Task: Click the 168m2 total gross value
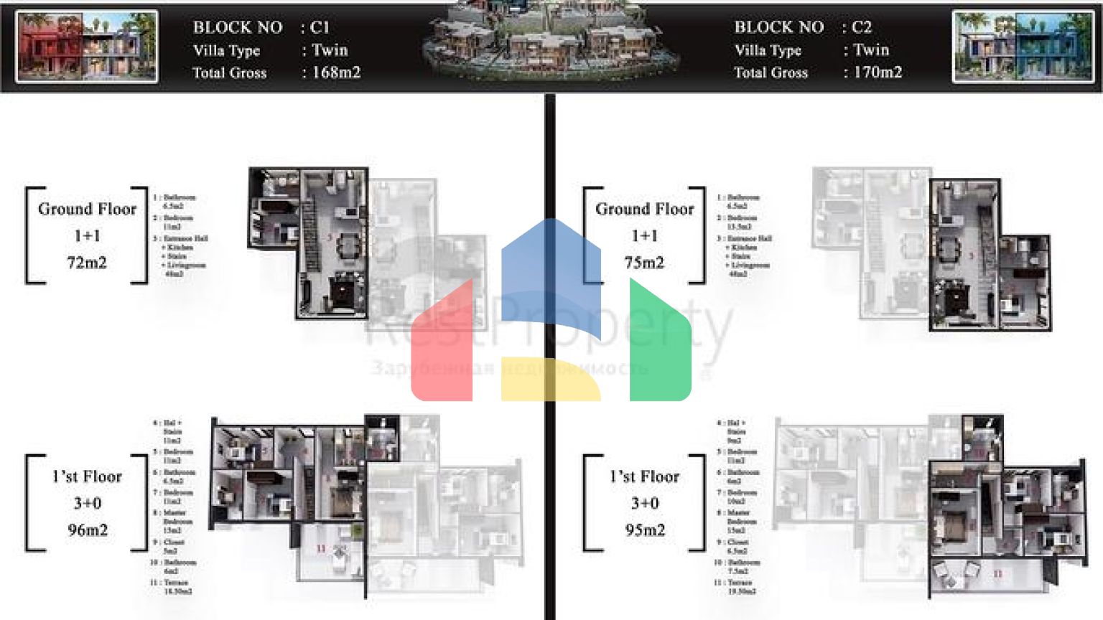pyautogui.click(x=336, y=72)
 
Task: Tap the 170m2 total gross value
pyautogui.click(x=878, y=72)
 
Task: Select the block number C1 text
pyautogui.click(x=320, y=27)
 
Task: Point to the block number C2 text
pyautogui.click(x=861, y=27)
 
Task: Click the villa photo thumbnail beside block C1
pyautogui.click(x=87, y=47)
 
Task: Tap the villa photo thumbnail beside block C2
pyautogui.click(x=1023, y=47)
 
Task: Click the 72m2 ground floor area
pyautogui.click(x=87, y=263)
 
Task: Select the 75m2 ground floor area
pyautogui.click(x=644, y=263)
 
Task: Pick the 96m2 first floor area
pyautogui.click(x=88, y=530)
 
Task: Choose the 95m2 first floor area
pyautogui.click(x=645, y=530)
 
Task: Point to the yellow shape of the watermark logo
pyautogui.click(x=549, y=380)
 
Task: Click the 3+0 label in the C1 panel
pyautogui.click(x=88, y=503)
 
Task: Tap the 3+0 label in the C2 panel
pyautogui.click(x=645, y=503)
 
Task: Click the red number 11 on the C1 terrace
pyautogui.click(x=321, y=549)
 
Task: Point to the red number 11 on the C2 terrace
pyautogui.click(x=998, y=574)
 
